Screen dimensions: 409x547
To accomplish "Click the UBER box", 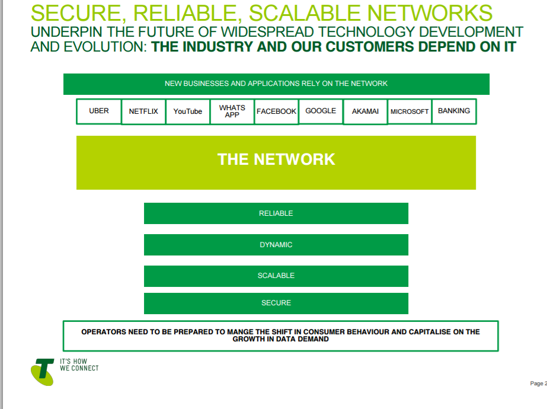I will [99, 111].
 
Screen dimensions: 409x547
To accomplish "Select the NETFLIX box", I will [143, 111].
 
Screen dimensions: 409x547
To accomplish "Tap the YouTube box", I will [188, 111].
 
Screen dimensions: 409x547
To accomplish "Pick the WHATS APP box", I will [232, 111].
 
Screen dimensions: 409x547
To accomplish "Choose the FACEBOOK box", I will [276, 111].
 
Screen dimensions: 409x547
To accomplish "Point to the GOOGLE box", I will [321, 111].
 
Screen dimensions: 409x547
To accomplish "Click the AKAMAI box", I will [365, 111].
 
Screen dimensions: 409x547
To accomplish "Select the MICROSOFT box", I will [410, 111].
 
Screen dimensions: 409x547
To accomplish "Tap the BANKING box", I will [454, 111].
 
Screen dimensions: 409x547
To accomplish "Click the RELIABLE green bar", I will [276, 213].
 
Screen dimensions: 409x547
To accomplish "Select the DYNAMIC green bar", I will [276, 245].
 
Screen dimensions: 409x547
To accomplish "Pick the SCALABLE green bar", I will [276, 276].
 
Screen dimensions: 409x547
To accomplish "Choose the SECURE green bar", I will [276, 303].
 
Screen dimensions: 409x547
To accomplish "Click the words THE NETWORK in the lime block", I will [276, 159].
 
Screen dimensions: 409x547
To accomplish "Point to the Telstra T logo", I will [43, 371].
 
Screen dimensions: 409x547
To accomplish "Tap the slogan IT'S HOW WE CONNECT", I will [79, 365].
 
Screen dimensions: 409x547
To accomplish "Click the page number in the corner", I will [538, 384].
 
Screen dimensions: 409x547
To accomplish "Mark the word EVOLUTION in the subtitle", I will [97, 47].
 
